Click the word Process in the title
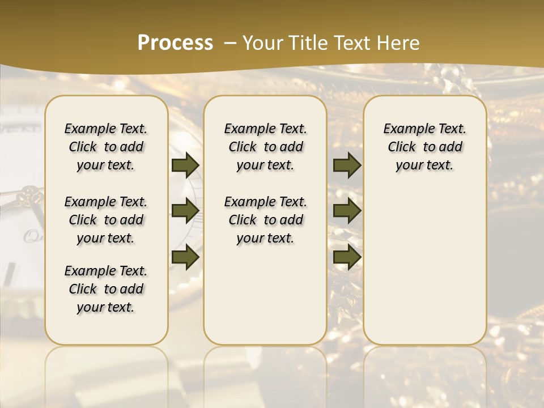click(175, 42)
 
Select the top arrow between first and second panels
click(185, 165)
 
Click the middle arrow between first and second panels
click(185, 210)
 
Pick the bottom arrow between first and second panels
click(185, 257)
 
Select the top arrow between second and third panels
click(347, 165)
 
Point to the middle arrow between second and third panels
click(347, 210)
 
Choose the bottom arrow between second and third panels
click(347, 257)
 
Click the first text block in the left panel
click(106, 147)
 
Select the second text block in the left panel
click(106, 220)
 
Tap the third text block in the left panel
click(106, 289)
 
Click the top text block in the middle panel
click(265, 147)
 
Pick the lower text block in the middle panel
click(265, 220)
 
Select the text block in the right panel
click(424, 147)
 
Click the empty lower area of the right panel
click(424, 261)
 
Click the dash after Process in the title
click(229, 43)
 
